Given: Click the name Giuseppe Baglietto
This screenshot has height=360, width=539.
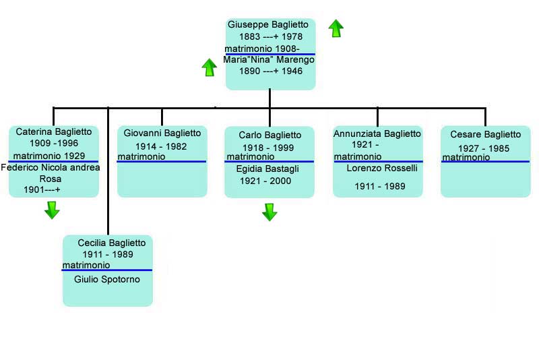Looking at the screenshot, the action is point(267,25).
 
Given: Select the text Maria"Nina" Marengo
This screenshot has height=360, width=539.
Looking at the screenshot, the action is point(269,60).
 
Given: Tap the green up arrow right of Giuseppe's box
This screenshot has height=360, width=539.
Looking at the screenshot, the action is point(336,28).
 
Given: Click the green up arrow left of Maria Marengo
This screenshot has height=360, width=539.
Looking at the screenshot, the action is point(210,67).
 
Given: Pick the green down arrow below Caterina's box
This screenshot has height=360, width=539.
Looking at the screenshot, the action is point(52,210).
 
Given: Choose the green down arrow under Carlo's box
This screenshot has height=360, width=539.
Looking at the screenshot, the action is point(269,212).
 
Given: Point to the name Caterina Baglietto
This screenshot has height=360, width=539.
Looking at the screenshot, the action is point(54,131).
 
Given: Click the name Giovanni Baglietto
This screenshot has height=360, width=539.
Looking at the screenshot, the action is point(162,133).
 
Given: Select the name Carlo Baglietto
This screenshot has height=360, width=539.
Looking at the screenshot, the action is point(270,135).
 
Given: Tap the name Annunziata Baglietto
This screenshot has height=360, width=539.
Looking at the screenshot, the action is point(377,133).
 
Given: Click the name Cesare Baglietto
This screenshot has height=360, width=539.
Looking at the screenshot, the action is point(486,134).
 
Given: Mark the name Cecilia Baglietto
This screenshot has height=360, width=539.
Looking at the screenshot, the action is point(112,243).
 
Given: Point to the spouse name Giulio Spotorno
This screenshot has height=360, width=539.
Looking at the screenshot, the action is point(107,279).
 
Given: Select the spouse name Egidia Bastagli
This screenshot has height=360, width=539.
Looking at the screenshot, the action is point(267,169).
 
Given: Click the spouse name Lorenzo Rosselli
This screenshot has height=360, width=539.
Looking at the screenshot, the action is point(382,168).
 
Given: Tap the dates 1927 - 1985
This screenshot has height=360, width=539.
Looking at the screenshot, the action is point(484,148).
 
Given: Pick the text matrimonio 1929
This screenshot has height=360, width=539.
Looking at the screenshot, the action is point(49,156).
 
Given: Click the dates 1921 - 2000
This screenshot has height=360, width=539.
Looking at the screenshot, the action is point(265,181).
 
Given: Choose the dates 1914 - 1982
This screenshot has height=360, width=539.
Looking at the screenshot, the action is point(161,146).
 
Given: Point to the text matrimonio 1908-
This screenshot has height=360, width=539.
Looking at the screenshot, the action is point(262,49).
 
